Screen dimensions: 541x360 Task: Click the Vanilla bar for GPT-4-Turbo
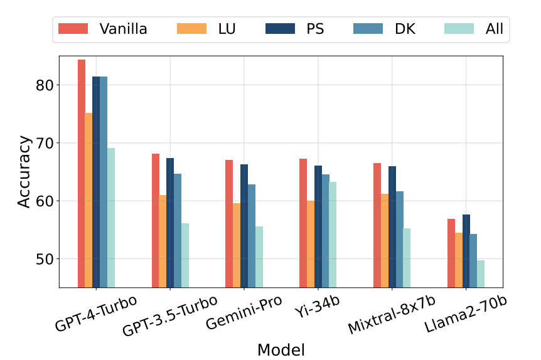[82, 174]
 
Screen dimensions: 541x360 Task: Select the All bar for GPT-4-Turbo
[111, 218]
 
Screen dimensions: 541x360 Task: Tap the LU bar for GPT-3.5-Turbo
[163, 241]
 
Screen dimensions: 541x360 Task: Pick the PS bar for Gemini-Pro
[244, 226]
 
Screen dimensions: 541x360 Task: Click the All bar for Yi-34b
[333, 235]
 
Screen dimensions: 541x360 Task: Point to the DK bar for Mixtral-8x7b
[400, 240]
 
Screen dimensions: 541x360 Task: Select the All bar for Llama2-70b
[481, 274]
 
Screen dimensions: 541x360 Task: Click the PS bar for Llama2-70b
[466, 251]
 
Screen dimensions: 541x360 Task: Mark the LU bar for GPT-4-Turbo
[88, 200]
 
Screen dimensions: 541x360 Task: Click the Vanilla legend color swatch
[73, 29]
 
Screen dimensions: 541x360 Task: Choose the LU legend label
[227, 29]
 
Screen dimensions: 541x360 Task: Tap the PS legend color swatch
[280, 29]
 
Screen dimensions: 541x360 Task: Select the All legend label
[494, 29]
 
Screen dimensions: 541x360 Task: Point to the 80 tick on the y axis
[58, 85]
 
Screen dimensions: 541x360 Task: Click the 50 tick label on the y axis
[45, 259]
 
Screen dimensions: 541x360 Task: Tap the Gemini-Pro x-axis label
[244, 312]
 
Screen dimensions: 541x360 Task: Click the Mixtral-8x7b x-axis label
[391, 314]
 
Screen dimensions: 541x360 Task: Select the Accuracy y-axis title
[24, 171]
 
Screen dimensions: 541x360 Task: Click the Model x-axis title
[281, 350]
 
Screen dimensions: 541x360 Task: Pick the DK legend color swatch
[368, 29]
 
